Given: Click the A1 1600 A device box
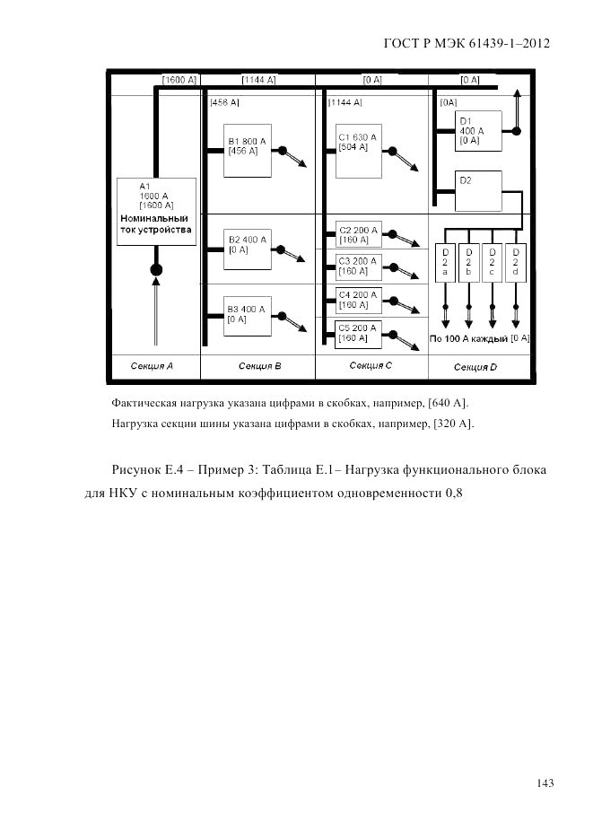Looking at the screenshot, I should [x=155, y=214].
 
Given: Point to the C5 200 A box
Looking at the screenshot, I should [x=358, y=333].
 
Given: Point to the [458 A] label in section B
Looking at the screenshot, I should [x=224, y=103].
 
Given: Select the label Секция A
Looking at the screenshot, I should [x=152, y=366].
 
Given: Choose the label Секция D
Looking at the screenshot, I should [x=475, y=367].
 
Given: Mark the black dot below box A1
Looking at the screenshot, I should [x=155, y=268].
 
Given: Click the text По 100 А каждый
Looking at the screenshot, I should [x=467, y=339].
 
